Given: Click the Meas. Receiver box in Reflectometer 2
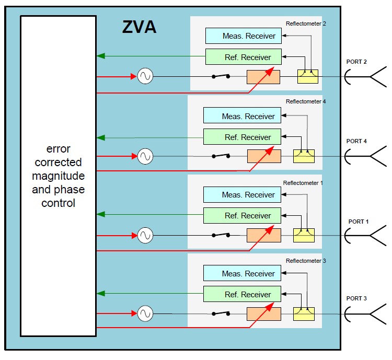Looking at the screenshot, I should [x=244, y=36].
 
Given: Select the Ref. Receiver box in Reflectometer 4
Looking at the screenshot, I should [x=241, y=137].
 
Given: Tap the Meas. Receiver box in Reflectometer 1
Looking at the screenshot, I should [x=241, y=195].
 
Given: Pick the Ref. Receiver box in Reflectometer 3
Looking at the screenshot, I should [x=241, y=294].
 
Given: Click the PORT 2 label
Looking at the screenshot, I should [x=356, y=62].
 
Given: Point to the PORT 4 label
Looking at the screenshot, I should [x=356, y=141].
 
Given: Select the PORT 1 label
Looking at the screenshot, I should [x=359, y=221].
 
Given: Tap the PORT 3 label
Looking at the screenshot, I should [x=356, y=298].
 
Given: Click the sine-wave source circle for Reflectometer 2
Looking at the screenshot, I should [x=145, y=77].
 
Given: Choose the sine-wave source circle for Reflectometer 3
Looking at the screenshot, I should [x=145, y=313].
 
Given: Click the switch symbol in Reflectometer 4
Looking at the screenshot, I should [x=220, y=156].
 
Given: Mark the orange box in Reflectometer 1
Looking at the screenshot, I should [x=263, y=235].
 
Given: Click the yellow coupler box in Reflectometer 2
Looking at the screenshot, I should [x=307, y=77].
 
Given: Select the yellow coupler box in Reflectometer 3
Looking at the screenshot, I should [x=304, y=313].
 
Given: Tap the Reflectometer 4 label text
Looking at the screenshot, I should [x=306, y=101].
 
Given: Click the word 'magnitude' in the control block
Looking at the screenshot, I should [x=58, y=176].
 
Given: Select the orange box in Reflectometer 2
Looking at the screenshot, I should [x=263, y=77].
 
